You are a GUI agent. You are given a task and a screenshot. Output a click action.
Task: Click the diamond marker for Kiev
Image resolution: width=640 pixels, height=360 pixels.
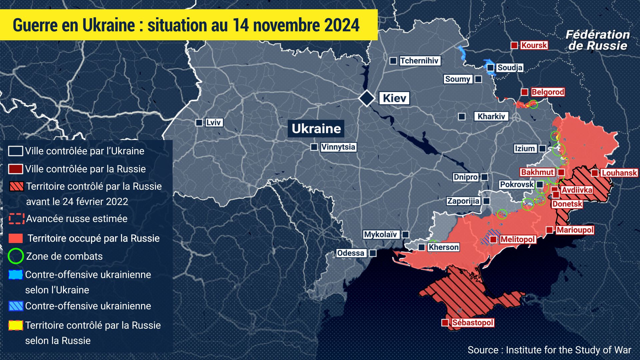pyautogui.click(x=367, y=98)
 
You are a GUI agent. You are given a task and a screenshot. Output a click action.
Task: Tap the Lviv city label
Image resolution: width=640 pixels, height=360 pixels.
pyautogui.click(x=213, y=122)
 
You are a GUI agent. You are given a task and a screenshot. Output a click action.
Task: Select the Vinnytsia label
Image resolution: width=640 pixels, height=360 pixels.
pyautogui.click(x=338, y=147)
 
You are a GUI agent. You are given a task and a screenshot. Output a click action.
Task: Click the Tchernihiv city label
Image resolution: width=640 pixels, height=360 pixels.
pyautogui.click(x=419, y=61)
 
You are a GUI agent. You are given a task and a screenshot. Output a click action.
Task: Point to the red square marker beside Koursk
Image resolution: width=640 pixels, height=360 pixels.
pyautogui.click(x=514, y=45)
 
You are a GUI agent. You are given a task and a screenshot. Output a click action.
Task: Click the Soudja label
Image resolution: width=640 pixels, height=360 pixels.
pyautogui.click(x=510, y=68)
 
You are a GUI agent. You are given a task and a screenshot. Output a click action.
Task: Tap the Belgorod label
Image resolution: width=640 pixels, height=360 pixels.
pyautogui.click(x=548, y=92)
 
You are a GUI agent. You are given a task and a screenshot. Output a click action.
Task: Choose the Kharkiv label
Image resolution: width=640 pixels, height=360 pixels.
pyautogui.click(x=491, y=116)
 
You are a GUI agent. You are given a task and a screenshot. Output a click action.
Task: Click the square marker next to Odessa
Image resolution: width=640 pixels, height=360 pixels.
pyautogui.click(x=373, y=253)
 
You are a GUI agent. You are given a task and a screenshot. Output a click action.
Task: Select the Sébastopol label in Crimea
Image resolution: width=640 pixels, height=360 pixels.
pyautogui.click(x=472, y=323)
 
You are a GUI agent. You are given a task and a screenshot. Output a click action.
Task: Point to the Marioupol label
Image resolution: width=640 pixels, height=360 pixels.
pyautogui.click(x=575, y=230)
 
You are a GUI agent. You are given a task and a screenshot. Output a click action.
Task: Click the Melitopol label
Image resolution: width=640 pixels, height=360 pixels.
pyautogui.click(x=517, y=239)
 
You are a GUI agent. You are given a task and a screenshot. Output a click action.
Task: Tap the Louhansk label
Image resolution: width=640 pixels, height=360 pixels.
pyautogui.click(x=619, y=173)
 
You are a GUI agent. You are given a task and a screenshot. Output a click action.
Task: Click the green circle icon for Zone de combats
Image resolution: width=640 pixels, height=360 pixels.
pyautogui.click(x=15, y=256)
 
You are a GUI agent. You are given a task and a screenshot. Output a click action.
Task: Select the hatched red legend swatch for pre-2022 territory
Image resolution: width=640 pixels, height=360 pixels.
pyautogui.click(x=16, y=186)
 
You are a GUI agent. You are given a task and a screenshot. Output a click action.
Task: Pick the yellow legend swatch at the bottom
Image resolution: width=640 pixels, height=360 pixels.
pyautogui.click(x=16, y=325)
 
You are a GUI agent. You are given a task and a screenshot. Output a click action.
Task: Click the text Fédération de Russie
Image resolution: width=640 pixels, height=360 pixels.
pyautogui.click(x=597, y=40)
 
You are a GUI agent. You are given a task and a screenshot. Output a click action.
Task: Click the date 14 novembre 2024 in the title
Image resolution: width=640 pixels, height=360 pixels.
pyautogui.click(x=296, y=25)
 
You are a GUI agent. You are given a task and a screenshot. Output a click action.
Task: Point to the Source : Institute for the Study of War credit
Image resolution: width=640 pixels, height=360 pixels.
pyautogui.click(x=549, y=350)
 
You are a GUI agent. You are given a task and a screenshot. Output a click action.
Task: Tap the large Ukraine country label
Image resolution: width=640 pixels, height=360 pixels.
pyautogui.click(x=316, y=129)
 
